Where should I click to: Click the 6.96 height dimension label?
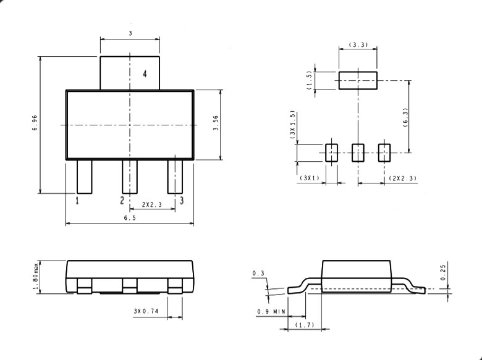pos(35,124)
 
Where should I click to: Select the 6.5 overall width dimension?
pos(129,218)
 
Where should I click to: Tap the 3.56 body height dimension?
pos(216,124)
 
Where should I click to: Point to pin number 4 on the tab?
pos(145,74)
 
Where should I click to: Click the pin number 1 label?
pos(77,201)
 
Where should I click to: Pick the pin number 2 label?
pos(122,201)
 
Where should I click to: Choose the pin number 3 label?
pos(181,201)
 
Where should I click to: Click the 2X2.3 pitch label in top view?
pos(151,204)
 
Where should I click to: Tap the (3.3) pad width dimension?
pos(358,45)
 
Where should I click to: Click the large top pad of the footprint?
pos(357,80)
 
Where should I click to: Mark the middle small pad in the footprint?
pos(358,153)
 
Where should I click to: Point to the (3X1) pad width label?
pos(309,178)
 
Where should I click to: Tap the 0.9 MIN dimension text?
pos(271,311)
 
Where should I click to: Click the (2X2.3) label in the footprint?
pos(402,178)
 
